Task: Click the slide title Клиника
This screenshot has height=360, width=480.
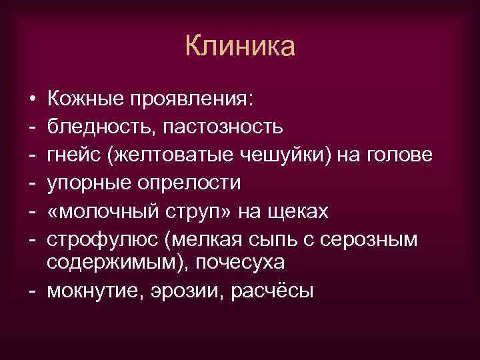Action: point(239,47)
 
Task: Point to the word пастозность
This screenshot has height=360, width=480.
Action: point(221,127)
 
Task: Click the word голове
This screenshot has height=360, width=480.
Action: point(399,155)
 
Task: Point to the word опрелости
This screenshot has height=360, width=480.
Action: point(183,183)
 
